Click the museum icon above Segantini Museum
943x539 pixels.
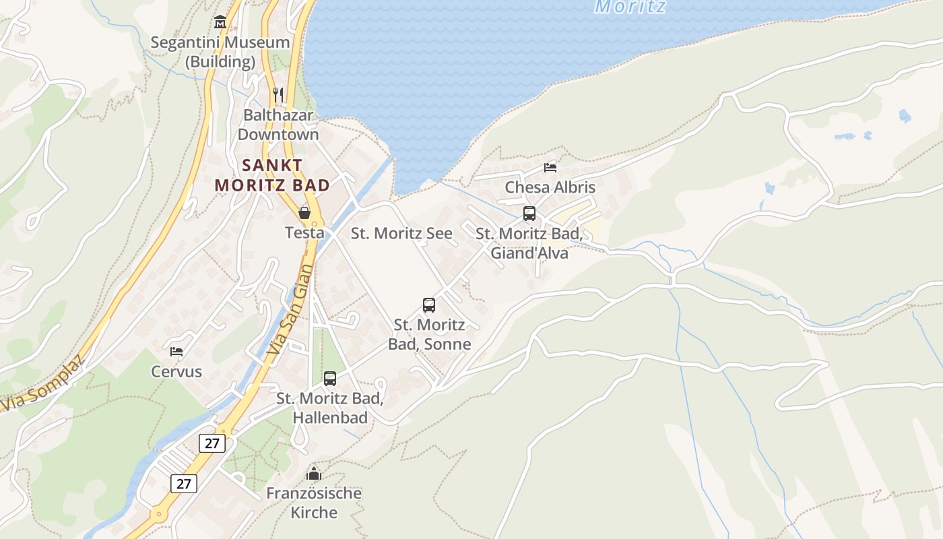tap(220, 23)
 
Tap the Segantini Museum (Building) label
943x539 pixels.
tap(220, 52)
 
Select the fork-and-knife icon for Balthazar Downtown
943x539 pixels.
tap(278, 94)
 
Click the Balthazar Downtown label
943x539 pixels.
tap(278, 125)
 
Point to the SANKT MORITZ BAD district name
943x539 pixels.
tap(272, 175)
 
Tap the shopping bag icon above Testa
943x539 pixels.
tap(304, 213)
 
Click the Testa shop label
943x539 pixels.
tap(304, 233)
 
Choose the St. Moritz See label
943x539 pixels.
tap(401, 234)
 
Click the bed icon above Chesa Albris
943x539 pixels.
tap(550, 168)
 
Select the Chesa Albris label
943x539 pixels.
tap(550, 187)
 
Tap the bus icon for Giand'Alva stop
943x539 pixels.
tap(529, 214)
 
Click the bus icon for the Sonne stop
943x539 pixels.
tap(429, 305)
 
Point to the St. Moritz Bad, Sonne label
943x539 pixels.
tap(429, 334)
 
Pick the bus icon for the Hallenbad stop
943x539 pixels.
tap(330, 379)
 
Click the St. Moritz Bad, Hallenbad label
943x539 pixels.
tap(330, 408)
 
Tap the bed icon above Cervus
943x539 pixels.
tap(176, 351)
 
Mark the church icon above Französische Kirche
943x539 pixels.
tap(314, 474)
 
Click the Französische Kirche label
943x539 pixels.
tap(314, 503)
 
